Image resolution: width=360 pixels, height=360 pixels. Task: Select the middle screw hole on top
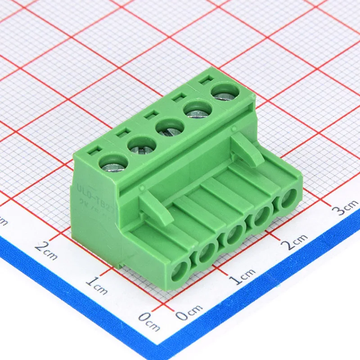(169, 127)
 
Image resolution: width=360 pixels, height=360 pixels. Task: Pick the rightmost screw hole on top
(225, 92)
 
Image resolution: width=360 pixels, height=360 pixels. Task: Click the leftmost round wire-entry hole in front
(180, 271)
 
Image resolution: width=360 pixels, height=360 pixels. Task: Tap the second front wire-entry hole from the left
(207, 253)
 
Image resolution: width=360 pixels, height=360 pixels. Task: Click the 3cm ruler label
(345, 208)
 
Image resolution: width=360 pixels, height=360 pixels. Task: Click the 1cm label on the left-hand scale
(97, 285)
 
